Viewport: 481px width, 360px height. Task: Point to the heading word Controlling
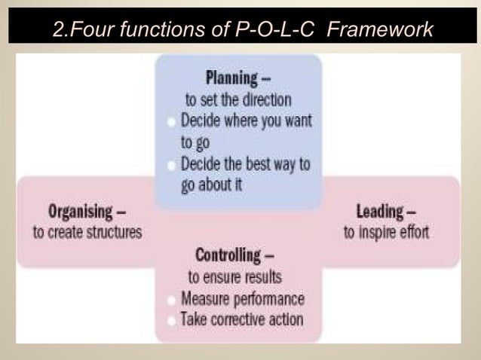point(228,255)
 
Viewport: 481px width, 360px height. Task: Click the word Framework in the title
point(381,30)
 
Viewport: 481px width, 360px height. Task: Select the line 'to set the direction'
point(238,99)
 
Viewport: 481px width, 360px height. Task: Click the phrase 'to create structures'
point(87,232)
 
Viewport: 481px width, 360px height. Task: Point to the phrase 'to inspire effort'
point(386,232)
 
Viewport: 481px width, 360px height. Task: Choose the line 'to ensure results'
point(235,277)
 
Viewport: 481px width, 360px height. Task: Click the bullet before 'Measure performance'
point(173,300)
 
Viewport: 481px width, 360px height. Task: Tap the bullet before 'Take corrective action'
point(173,320)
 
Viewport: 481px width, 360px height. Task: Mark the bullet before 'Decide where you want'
point(173,121)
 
